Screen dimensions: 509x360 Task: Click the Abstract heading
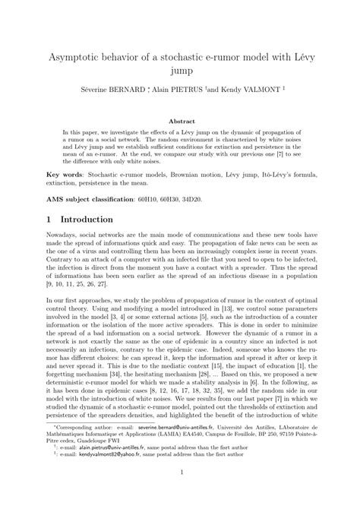coord(179,119)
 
